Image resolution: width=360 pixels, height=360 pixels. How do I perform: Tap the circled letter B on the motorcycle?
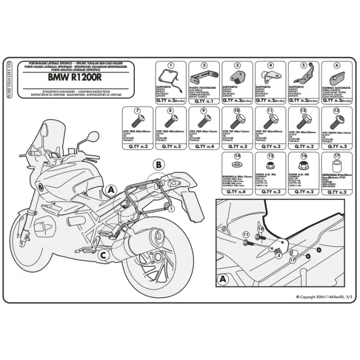point(159,165)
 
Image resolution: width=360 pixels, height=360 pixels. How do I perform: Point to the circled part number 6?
point(337,65)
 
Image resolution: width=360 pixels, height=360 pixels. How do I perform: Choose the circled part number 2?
point(204,65)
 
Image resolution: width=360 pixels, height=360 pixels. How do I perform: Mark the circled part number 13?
point(337,111)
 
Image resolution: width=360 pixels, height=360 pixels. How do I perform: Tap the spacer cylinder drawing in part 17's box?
point(337,169)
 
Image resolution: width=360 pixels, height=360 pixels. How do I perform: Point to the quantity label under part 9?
point(204,146)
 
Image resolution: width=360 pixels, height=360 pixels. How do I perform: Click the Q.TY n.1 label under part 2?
point(204,101)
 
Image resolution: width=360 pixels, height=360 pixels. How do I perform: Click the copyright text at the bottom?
point(324,297)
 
